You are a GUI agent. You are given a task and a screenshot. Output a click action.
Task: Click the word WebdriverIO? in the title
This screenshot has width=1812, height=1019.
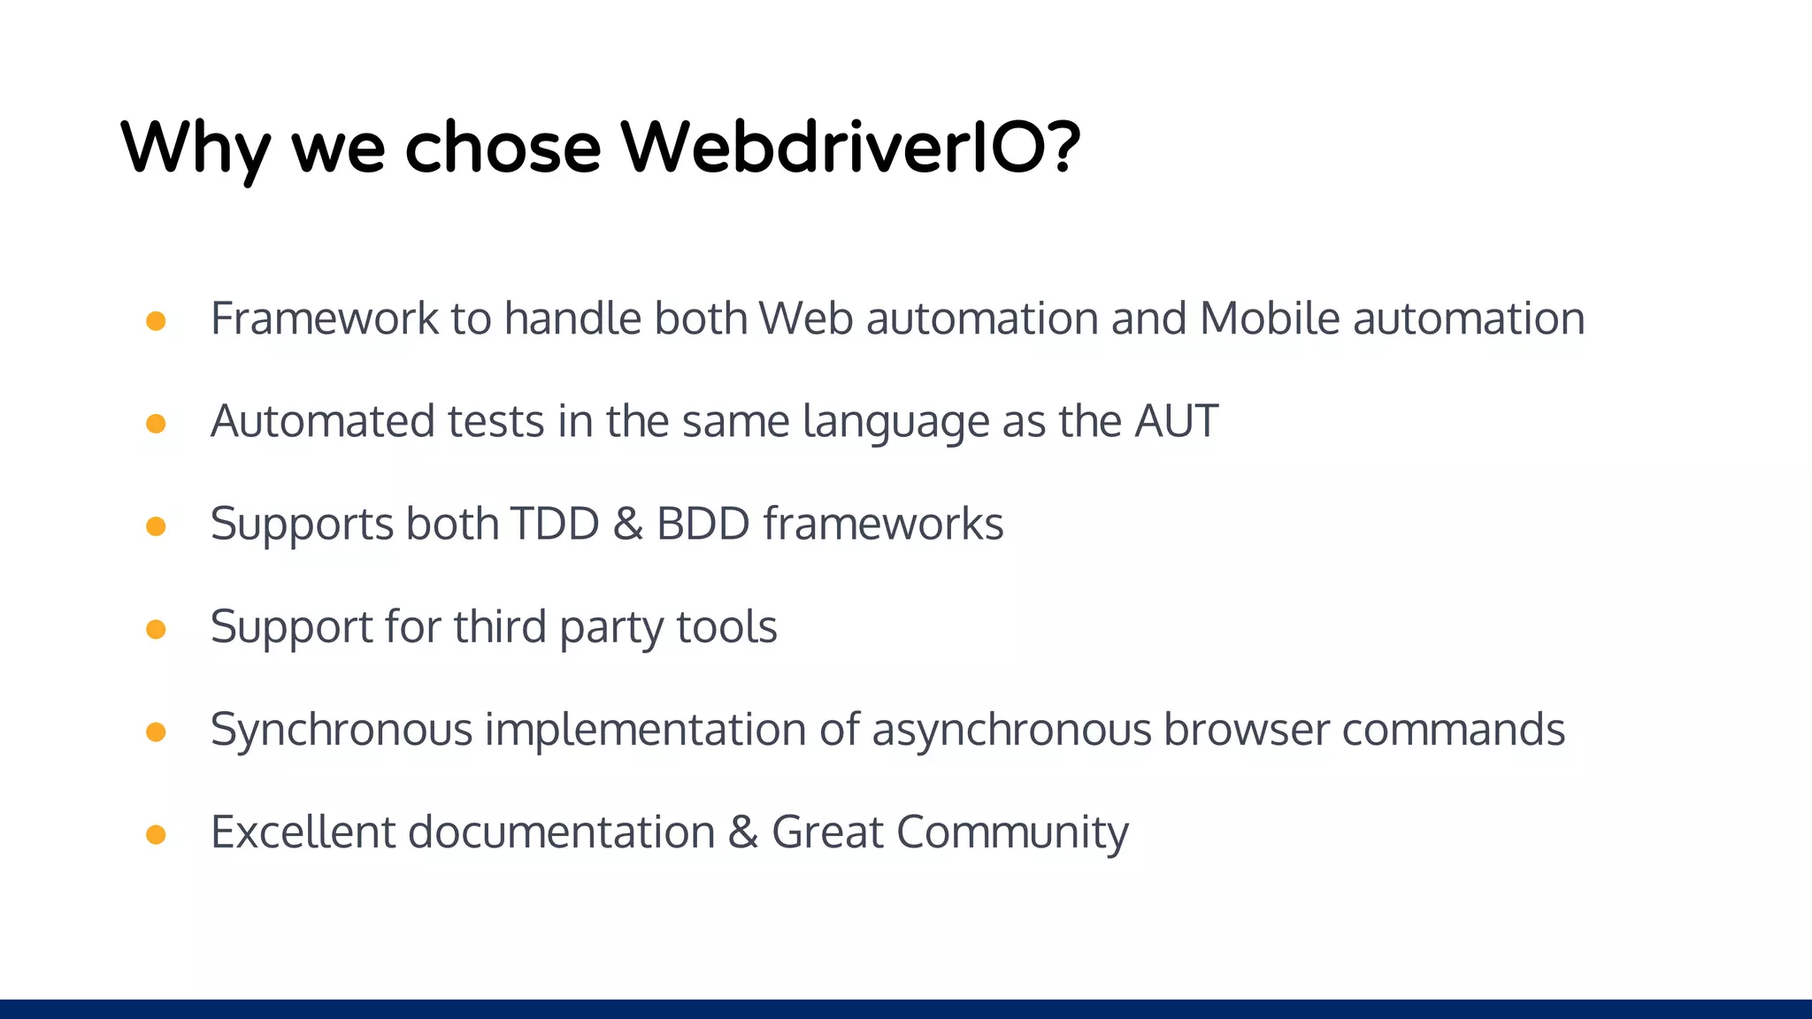click(x=849, y=147)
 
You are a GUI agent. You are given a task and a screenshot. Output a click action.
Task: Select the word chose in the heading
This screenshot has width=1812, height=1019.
click(x=503, y=147)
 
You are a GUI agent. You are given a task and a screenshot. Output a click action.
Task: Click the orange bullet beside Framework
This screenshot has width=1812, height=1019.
click(x=156, y=321)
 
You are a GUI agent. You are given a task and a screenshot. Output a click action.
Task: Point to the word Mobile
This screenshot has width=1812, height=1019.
click(x=1270, y=318)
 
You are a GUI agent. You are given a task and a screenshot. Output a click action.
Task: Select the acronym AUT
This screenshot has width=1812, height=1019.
click(x=1176, y=421)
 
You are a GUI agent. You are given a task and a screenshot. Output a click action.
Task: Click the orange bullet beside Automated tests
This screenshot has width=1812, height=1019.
click(x=156, y=424)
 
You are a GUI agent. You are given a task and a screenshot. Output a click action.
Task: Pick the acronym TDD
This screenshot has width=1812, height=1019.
click(x=555, y=524)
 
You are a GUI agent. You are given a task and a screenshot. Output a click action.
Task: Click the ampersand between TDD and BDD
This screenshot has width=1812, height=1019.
click(x=627, y=524)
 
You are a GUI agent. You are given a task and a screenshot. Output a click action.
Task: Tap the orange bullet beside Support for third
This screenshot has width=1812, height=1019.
click(x=156, y=629)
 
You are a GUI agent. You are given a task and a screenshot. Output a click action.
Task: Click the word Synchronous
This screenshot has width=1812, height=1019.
click(x=342, y=731)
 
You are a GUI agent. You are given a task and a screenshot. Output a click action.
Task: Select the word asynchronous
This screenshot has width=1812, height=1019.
click(x=1010, y=731)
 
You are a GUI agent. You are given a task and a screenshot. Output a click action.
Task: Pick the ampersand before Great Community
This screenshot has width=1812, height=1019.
click(x=743, y=832)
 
